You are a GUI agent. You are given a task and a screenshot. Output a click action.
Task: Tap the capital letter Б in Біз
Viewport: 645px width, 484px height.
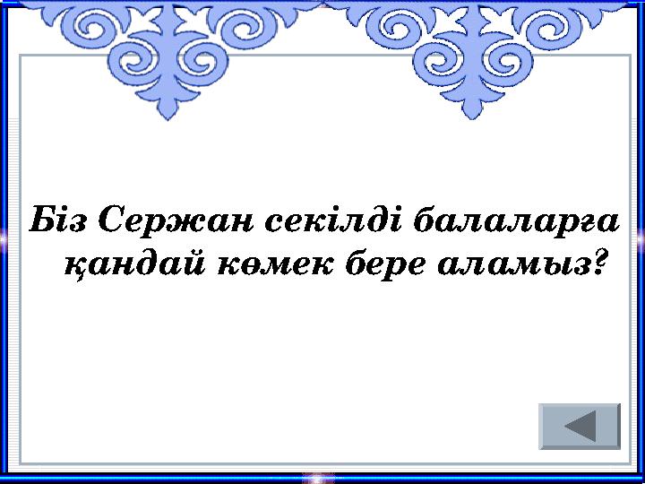(41, 218)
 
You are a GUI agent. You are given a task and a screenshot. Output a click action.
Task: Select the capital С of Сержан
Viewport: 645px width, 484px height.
(107, 218)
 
